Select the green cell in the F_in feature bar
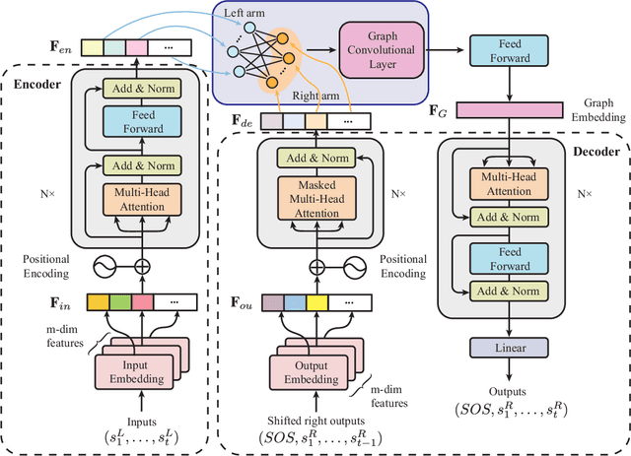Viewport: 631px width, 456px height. coord(118,304)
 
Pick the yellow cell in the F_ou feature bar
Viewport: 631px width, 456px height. coord(317,303)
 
